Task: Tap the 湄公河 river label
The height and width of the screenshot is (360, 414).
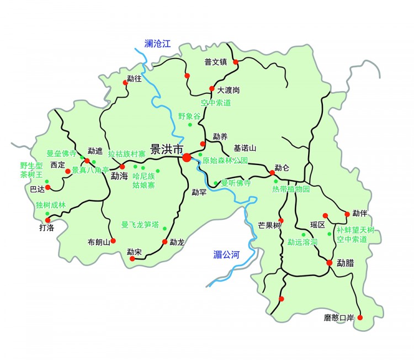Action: (227, 254)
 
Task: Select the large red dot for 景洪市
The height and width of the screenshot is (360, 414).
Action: (187, 158)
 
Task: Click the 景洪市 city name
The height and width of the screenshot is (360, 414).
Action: (166, 150)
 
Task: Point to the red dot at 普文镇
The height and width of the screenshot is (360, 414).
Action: (236, 62)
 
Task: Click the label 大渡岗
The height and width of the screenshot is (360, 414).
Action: (229, 90)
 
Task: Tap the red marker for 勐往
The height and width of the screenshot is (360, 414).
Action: (124, 83)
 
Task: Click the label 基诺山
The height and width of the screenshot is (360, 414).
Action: (245, 148)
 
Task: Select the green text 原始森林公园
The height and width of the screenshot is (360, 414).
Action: (225, 161)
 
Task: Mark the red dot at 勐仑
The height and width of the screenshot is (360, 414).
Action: (272, 173)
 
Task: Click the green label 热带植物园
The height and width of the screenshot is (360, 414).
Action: (291, 189)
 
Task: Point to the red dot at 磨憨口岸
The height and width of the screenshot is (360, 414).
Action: (360, 317)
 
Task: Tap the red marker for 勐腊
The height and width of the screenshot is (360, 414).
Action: (329, 262)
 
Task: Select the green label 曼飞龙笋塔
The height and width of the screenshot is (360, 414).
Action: (140, 225)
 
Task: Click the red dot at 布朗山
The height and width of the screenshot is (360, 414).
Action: (113, 241)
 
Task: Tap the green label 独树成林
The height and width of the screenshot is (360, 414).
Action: (50, 205)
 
